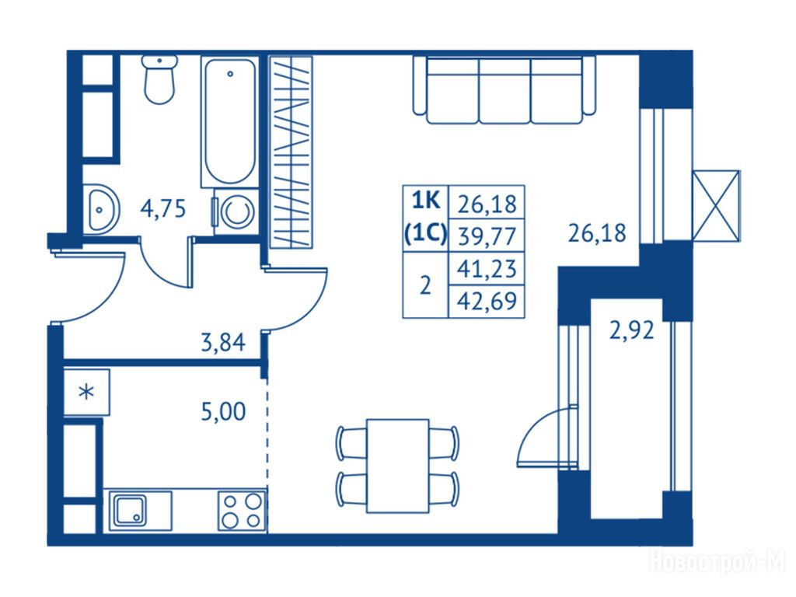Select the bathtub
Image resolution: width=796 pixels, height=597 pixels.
click(x=230, y=122)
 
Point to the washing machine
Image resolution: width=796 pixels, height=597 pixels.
click(x=236, y=212)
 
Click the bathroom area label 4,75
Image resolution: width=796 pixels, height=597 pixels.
click(x=163, y=208)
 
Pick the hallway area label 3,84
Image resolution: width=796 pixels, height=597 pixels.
click(x=223, y=342)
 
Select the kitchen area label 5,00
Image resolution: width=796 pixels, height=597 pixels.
click(x=223, y=411)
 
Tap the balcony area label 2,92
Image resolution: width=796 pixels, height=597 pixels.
click(x=631, y=331)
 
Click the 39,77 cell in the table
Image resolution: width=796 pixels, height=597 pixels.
click(x=487, y=236)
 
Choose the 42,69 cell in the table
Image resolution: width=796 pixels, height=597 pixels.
click(x=487, y=302)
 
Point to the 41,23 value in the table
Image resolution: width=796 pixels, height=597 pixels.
click(x=487, y=268)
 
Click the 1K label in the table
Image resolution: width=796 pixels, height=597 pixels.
click(x=426, y=201)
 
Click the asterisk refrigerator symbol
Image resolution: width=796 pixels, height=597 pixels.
click(x=87, y=392)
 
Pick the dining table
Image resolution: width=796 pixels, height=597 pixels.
click(x=398, y=466)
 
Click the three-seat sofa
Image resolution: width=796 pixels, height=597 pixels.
click(x=504, y=90)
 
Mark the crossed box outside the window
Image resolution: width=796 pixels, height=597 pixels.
click(x=716, y=205)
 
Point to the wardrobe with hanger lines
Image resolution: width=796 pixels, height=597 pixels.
click(x=291, y=152)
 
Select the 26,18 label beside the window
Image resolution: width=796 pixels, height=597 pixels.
click(x=596, y=233)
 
